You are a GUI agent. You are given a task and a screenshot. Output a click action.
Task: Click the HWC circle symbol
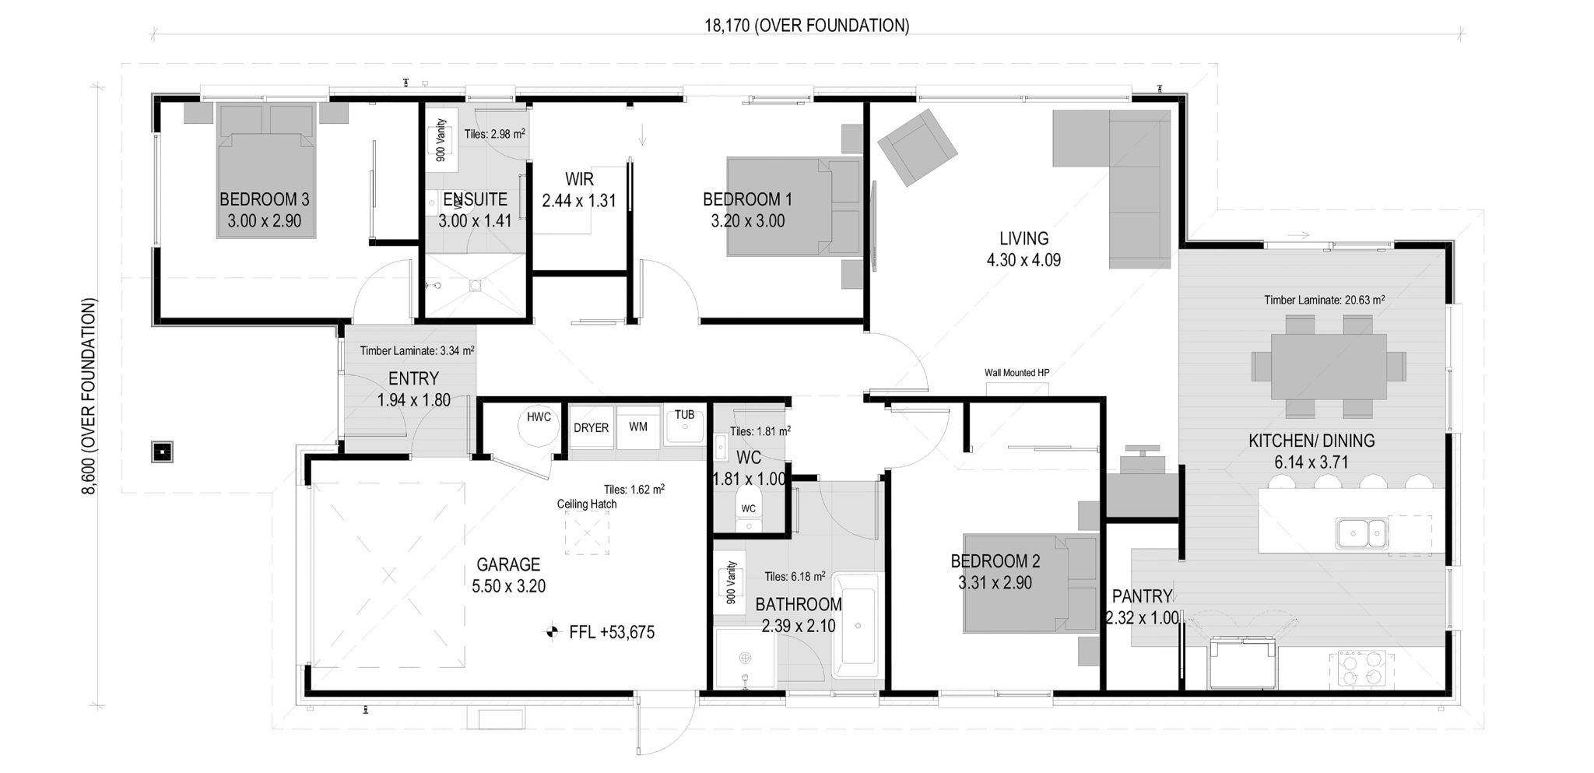[x=538, y=424]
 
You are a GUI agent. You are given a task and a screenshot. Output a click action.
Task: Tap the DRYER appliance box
[x=591, y=427]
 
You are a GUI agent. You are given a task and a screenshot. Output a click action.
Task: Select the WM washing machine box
[x=638, y=427]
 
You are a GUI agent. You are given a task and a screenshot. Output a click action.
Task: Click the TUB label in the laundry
[x=684, y=415]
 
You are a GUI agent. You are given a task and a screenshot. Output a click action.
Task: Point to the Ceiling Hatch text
[x=586, y=504]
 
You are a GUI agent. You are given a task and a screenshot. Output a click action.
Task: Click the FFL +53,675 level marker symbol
[x=552, y=632]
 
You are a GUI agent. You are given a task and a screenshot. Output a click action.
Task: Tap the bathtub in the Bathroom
[x=855, y=625]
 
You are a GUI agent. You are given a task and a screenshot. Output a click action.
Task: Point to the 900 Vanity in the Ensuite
[x=441, y=140]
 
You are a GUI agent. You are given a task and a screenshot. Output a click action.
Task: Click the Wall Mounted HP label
[x=1016, y=373]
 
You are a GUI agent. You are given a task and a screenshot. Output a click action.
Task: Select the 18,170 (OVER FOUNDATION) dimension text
[x=806, y=26]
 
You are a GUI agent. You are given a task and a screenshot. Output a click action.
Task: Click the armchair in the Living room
[x=917, y=147]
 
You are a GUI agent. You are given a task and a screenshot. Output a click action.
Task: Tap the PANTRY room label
[x=1141, y=596]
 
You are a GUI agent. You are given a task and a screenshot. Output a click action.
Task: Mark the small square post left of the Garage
[x=161, y=452]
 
